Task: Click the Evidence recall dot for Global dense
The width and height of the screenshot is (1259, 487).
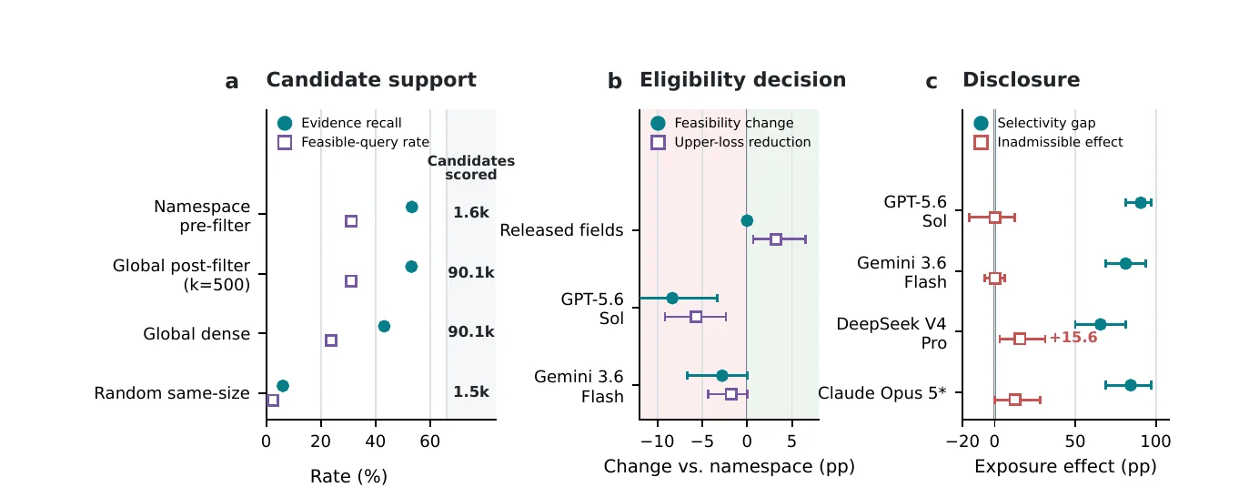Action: click(384, 326)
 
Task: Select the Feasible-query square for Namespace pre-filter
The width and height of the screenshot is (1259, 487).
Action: click(351, 221)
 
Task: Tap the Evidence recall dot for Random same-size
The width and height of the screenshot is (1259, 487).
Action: click(283, 386)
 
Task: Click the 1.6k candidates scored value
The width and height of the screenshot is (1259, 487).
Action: click(471, 213)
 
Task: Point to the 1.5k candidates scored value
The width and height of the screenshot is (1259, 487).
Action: click(471, 391)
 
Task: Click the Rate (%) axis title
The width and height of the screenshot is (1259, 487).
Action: click(348, 476)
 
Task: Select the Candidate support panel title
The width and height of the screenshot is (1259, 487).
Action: click(371, 80)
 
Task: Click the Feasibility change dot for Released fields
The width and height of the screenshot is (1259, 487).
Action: click(747, 220)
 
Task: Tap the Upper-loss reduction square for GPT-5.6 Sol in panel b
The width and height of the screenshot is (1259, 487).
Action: click(696, 317)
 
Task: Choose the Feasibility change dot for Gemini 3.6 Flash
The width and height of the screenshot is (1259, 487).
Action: click(721, 376)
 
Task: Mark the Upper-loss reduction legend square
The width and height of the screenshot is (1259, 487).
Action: click(658, 142)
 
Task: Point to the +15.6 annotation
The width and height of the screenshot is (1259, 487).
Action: click(1073, 338)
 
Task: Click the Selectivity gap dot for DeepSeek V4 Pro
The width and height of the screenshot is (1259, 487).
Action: click(1100, 324)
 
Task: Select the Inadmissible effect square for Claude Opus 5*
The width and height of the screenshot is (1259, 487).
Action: click(1014, 400)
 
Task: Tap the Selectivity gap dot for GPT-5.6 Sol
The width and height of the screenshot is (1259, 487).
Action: click(1141, 202)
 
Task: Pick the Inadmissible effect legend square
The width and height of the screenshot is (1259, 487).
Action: click(981, 142)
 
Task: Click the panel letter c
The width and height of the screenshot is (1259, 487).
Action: click(932, 82)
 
